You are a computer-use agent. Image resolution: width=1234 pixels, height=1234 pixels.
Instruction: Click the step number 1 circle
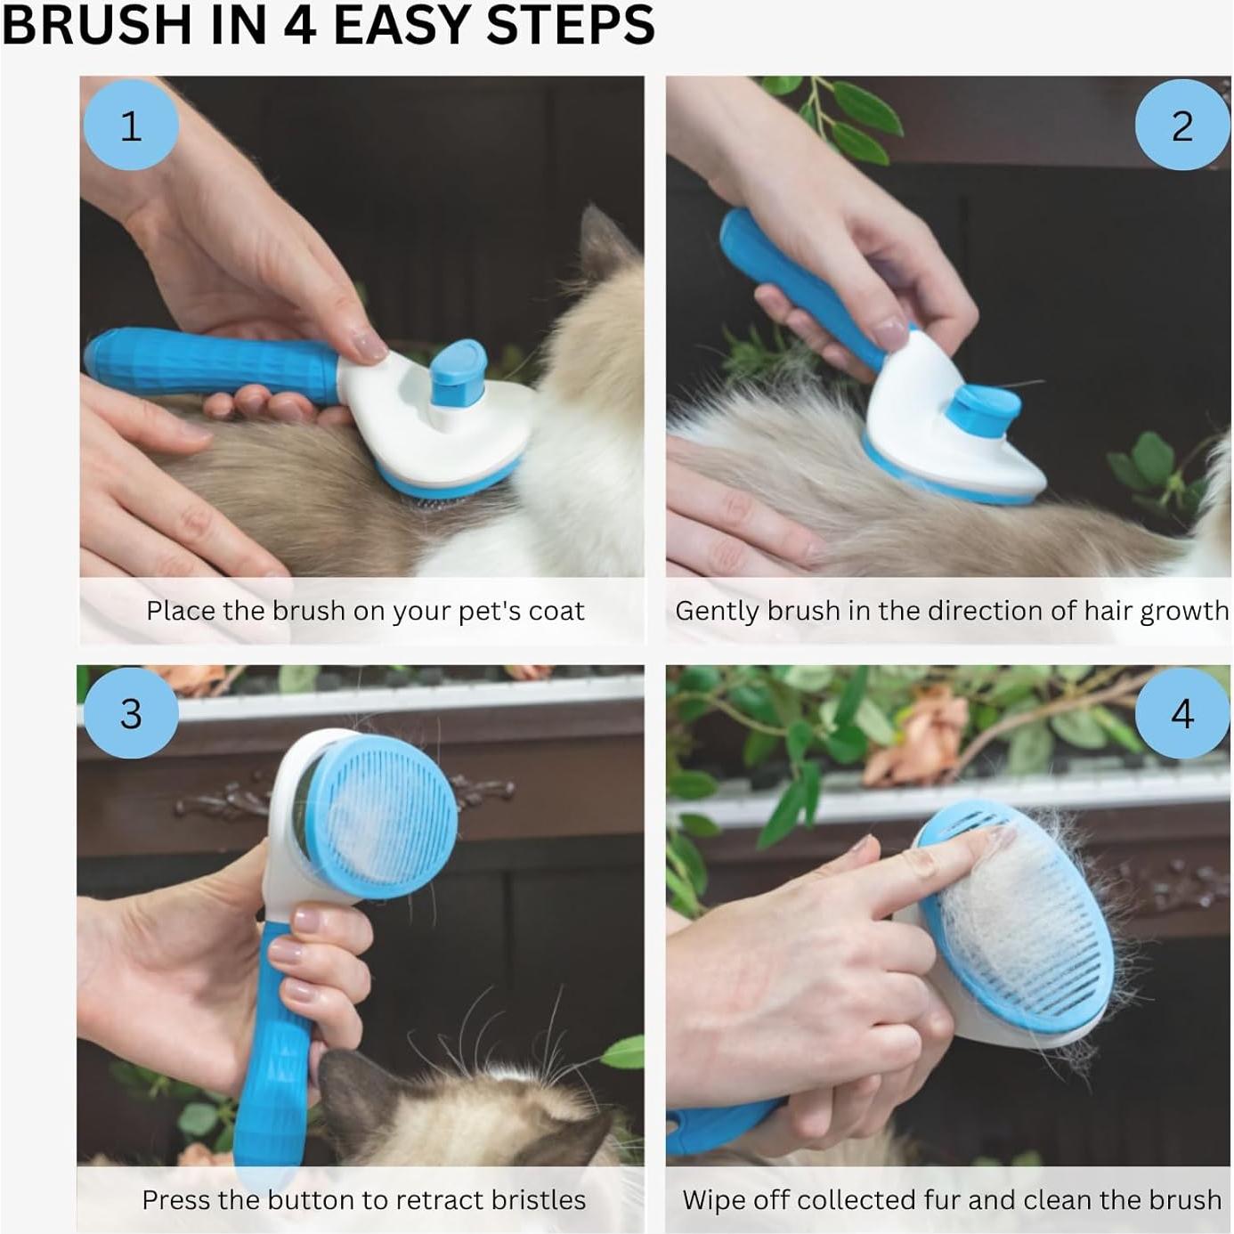130,126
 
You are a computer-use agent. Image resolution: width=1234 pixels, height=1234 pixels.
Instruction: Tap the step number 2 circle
1181,126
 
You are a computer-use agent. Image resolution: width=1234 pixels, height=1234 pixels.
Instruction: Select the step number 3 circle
130,713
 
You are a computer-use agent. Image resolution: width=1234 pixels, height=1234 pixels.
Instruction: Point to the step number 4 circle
1181,713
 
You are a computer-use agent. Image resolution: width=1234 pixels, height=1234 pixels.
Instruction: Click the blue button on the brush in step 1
459,365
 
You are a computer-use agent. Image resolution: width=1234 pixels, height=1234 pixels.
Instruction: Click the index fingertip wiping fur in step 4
997,838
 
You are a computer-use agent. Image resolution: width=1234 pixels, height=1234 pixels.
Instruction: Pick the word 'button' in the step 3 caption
308,1200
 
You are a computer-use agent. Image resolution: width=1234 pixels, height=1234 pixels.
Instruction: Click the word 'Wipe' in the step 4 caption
716,1200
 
